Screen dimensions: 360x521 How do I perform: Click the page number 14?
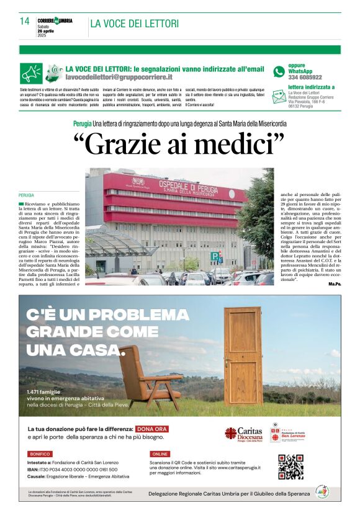coord(24,22)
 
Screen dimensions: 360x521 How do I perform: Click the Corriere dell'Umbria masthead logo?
coord(55,21)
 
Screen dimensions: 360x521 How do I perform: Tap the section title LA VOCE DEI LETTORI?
coord(134,24)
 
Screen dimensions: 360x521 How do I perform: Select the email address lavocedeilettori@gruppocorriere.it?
coord(119,77)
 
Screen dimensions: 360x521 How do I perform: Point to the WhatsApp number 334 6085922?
coord(305,78)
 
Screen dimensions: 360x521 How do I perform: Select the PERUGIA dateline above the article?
coord(27,195)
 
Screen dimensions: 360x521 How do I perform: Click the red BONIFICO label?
coord(40,454)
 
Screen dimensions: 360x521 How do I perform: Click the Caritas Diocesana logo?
coord(243,434)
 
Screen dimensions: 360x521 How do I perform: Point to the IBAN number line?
coord(73,470)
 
